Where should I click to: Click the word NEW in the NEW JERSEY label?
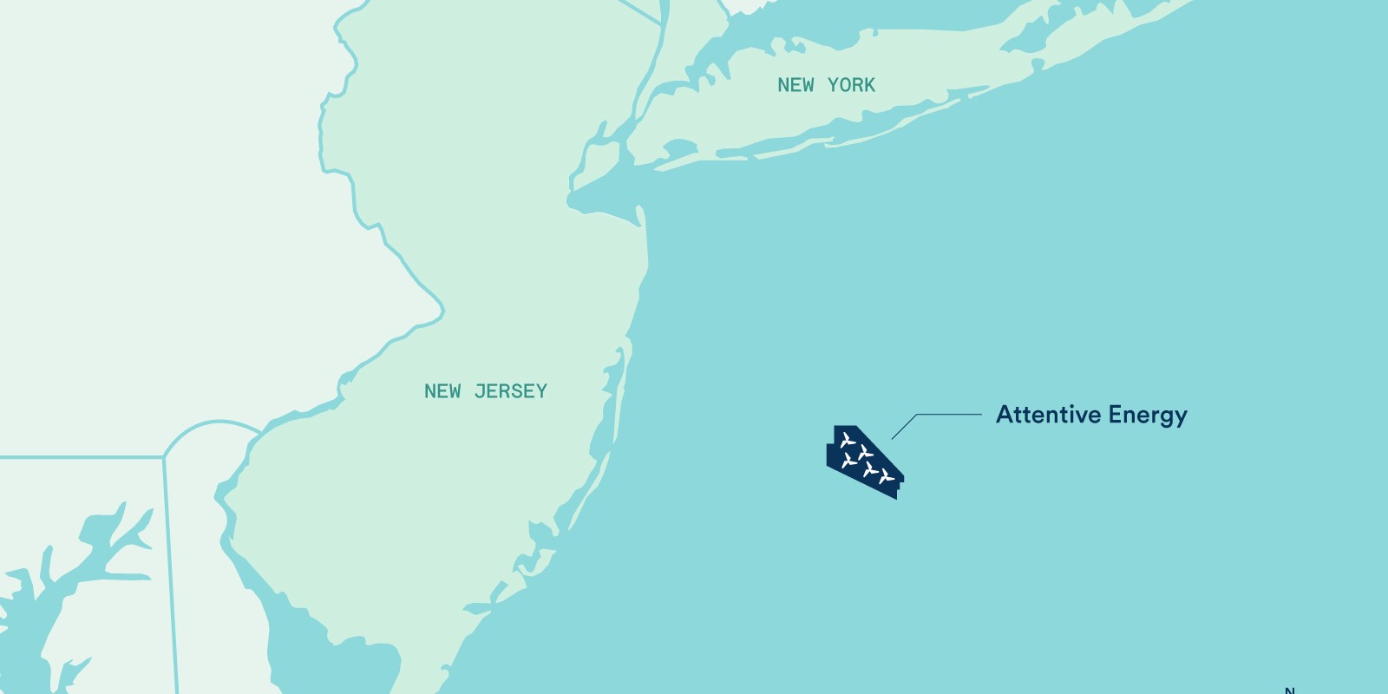442,391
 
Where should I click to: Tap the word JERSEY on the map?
511,391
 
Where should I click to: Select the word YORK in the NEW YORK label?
851,85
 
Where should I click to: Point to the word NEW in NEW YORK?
795,85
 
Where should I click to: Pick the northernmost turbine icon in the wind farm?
848,441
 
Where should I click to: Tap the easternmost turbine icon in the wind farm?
886,476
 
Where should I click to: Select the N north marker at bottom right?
1289,691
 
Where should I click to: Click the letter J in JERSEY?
480,391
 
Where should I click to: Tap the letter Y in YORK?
833,85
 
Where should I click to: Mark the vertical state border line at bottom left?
171,573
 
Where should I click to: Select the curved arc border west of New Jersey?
213,424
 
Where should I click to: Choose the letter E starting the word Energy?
1116,415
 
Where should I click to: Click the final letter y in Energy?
1181,418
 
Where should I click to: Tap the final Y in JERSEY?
542,391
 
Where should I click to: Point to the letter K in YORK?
869,85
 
